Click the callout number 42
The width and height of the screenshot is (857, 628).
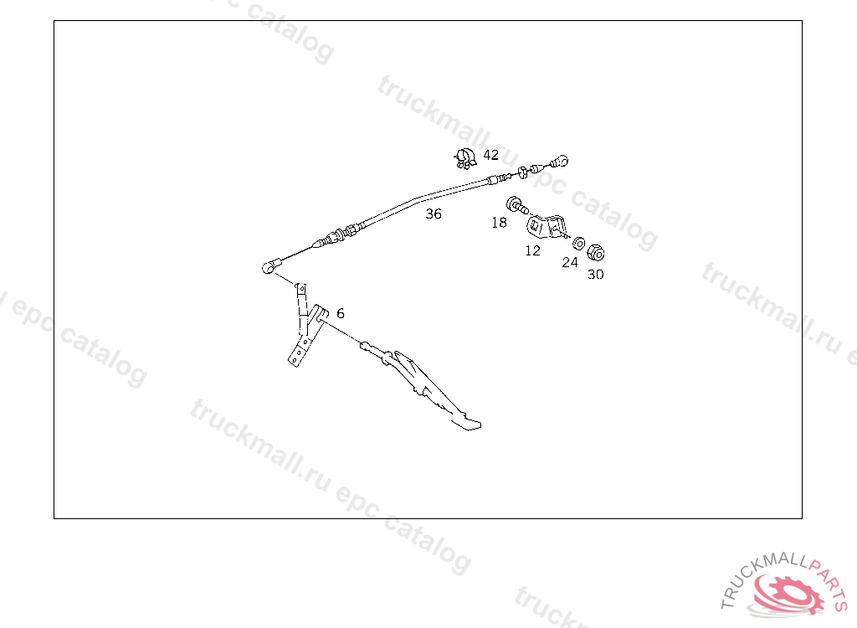[491, 155]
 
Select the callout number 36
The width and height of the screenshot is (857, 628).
[434, 214]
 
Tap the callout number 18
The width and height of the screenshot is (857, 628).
[500, 223]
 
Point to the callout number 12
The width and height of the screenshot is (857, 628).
[533, 250]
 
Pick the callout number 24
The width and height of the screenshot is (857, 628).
[570, 262]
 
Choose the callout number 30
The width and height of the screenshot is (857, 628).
[595, 274]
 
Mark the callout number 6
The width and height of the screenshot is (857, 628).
[341, 313]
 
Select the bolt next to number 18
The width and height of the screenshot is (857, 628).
[516, 204]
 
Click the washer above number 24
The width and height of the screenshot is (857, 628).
[578, 243]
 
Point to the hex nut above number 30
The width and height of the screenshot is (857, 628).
[596, 252]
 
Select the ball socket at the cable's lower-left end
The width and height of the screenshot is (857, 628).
[268, 268]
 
